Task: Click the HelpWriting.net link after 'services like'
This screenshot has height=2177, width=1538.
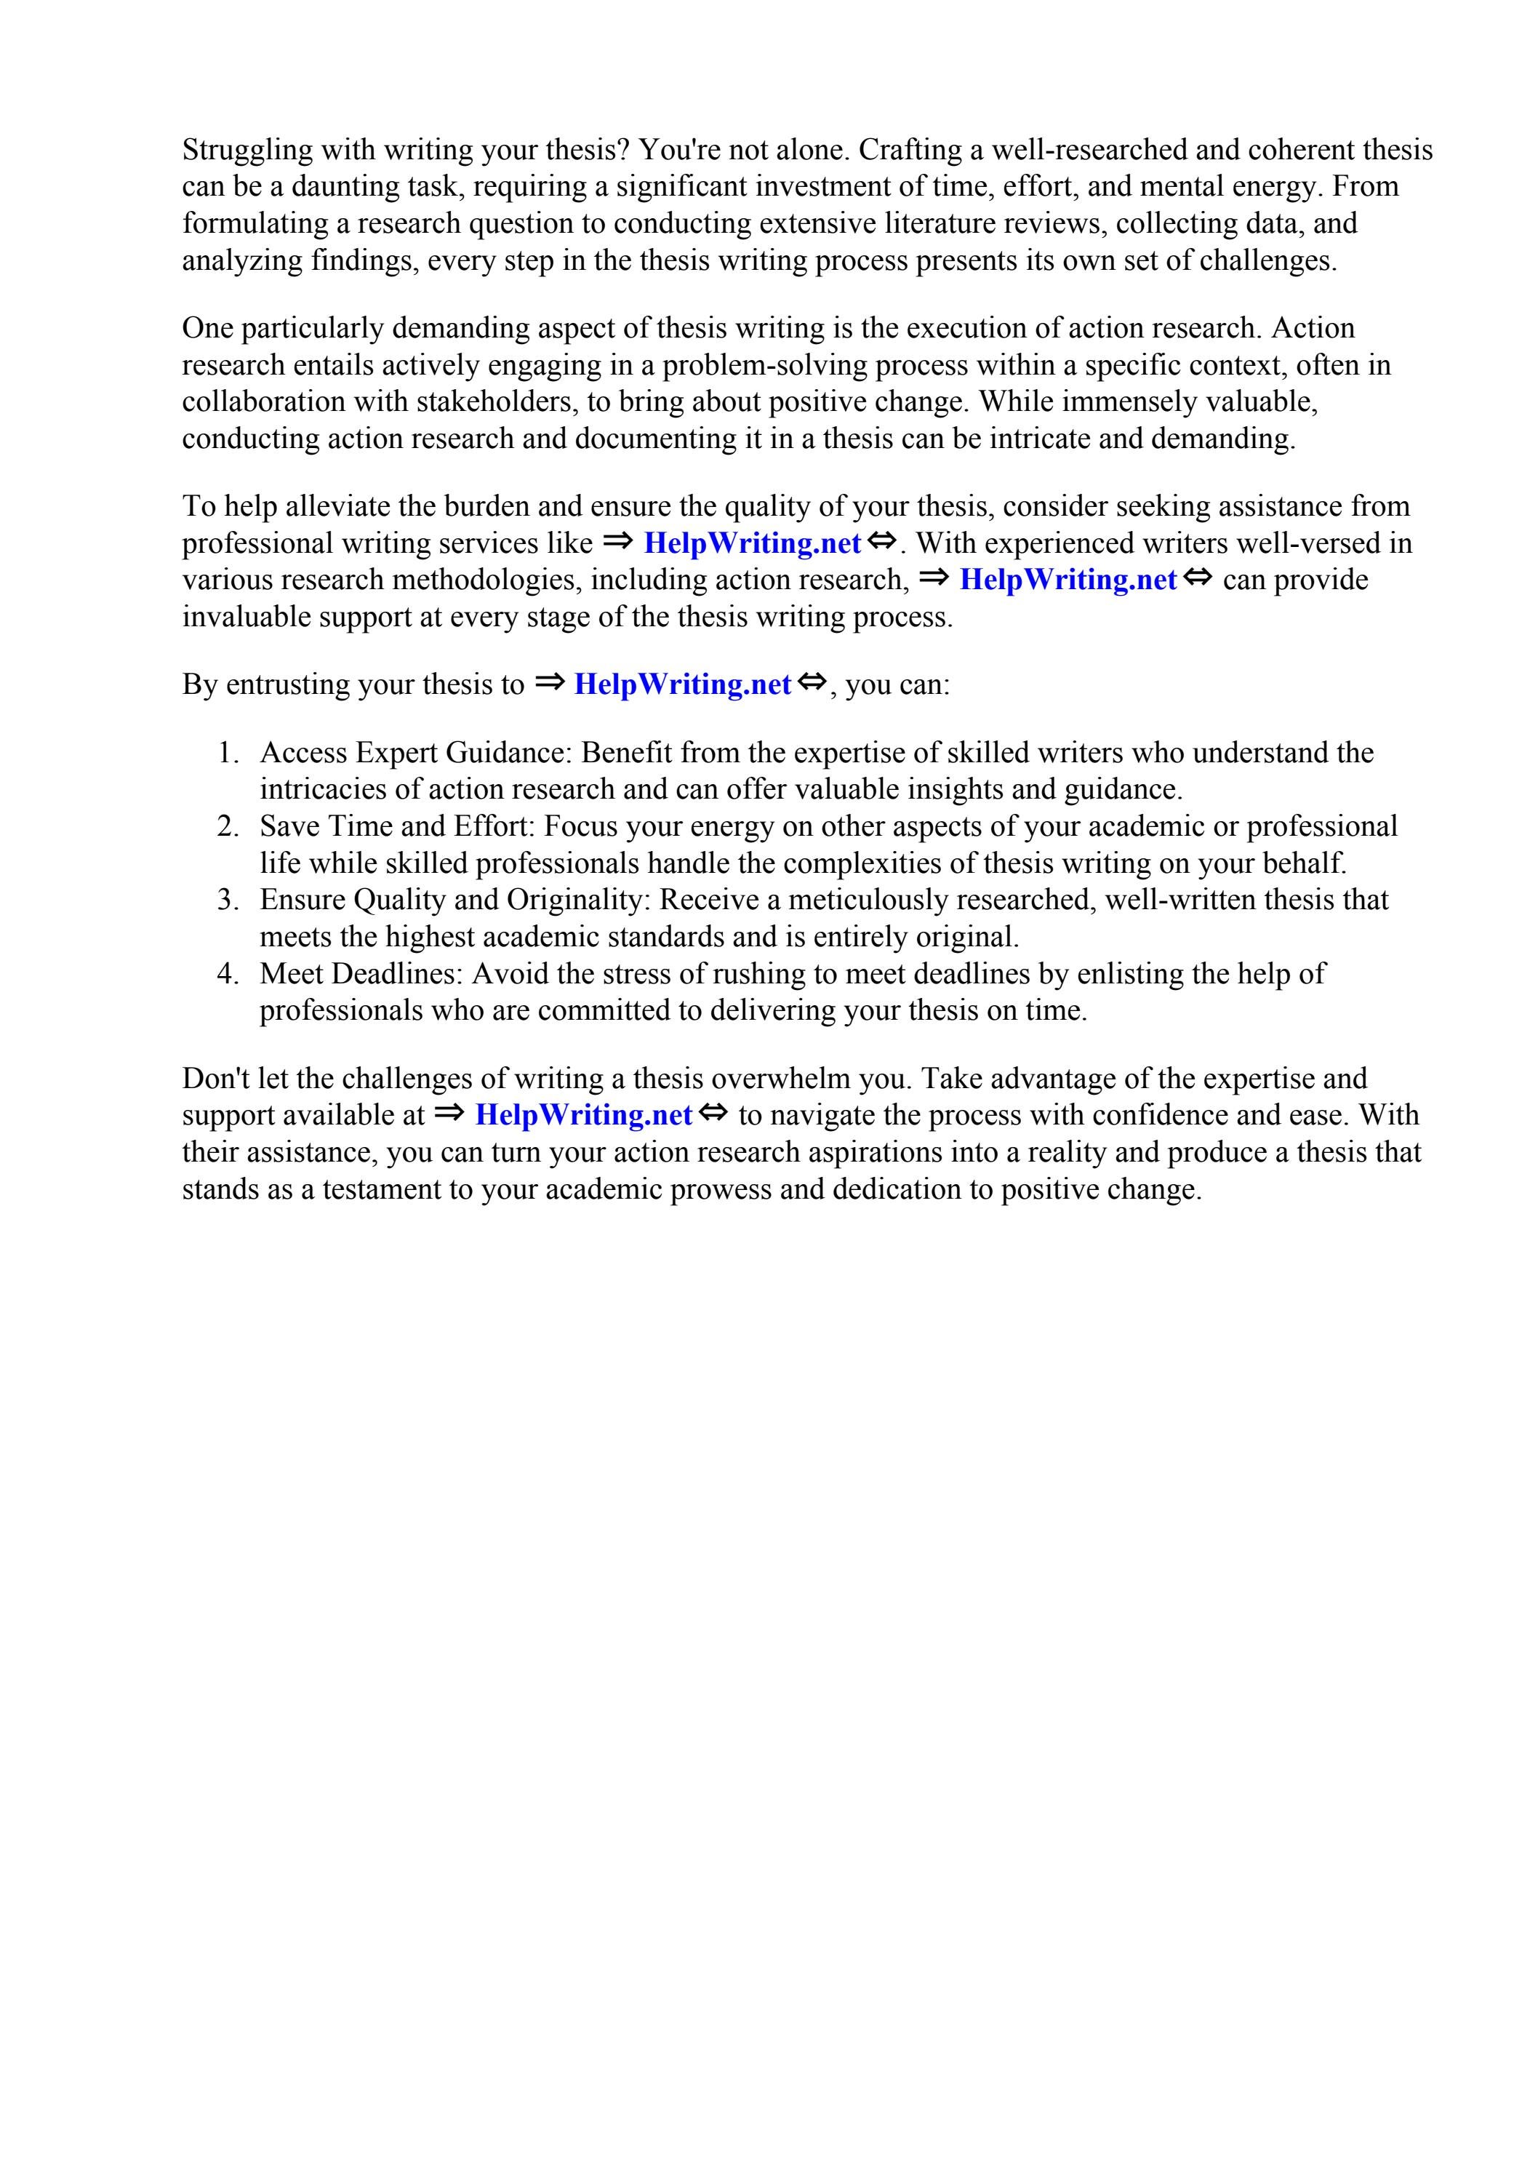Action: (751, 543)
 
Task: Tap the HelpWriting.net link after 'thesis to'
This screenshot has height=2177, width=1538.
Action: (682, 684)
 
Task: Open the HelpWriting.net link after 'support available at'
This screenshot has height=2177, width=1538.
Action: (583, 1115)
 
